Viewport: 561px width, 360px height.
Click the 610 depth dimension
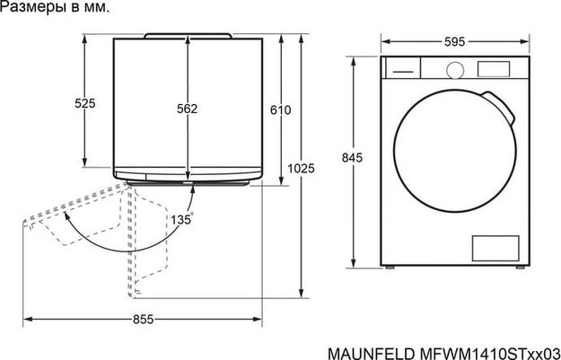[281, 110]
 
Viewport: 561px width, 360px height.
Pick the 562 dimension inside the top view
[187, 110]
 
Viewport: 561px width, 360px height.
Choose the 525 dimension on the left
[84, 104]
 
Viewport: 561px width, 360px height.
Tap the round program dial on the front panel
[454, 68]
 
